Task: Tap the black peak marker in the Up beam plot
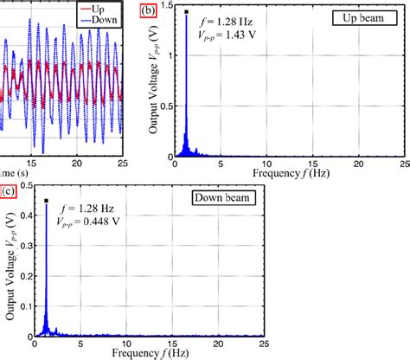click(186, 12)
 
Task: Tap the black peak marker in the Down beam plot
click(47, 201)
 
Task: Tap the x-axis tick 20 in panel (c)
click(216, 343)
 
